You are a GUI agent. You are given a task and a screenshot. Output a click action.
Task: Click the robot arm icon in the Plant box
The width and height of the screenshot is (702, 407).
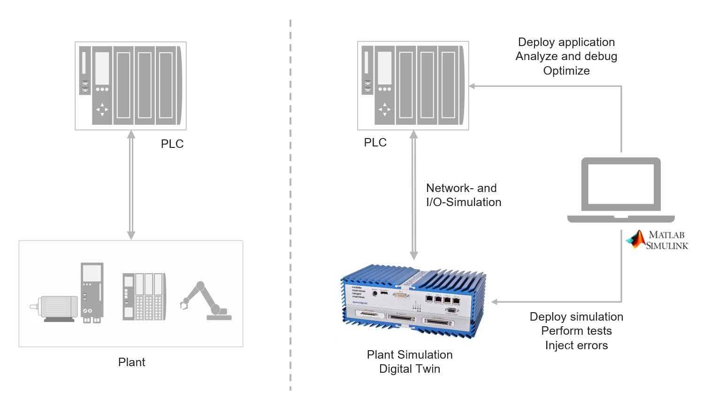click(206, 301)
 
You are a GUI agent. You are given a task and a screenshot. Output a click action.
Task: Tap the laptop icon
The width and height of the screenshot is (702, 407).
click(621, 190)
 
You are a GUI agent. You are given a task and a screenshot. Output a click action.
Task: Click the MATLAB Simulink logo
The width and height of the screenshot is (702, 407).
click(657, 239)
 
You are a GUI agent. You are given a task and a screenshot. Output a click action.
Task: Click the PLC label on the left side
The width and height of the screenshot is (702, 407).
click(172, 144)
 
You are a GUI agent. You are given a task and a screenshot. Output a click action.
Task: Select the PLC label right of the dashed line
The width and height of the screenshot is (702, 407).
click(375, 142)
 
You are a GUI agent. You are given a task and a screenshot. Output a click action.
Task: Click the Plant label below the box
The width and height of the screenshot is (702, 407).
click(131, 362)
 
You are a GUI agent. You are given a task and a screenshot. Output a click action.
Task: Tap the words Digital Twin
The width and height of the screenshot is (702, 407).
click(409, 369)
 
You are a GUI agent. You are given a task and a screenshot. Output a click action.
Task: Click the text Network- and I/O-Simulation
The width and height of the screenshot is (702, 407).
click(463, 195)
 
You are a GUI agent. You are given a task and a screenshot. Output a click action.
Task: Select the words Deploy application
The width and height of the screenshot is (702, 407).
click(566, 42)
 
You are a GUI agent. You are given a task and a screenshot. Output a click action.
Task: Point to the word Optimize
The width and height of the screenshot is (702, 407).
click(566, 71)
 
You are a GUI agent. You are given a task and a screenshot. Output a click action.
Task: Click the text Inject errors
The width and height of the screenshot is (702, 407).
click(576, 346)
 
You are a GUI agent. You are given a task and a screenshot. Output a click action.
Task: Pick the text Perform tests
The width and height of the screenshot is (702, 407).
click(576, 331)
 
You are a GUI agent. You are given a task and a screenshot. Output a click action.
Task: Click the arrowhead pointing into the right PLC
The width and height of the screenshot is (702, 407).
click(472, 86)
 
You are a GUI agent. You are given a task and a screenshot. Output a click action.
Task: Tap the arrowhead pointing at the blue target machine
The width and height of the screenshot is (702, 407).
click(494, 302)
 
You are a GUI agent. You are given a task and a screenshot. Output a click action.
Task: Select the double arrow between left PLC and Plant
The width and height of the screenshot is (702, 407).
click(131, 185)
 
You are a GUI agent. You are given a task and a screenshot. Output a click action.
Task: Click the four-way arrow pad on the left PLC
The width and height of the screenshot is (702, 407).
click(102, 109)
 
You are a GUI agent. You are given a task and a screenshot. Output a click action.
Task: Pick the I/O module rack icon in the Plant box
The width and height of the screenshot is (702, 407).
click(144, 297)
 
